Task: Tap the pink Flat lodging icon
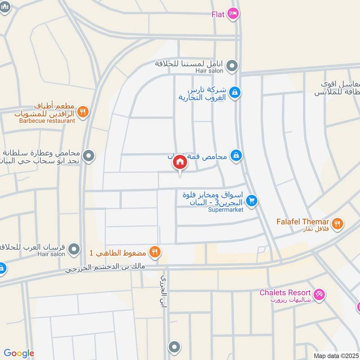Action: coord(233,14)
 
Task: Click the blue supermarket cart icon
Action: coord(252,201)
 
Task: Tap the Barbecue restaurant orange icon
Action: coord(82,112)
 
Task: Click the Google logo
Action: coord(19,353)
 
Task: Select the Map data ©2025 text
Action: coord(336,355)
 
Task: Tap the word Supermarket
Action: coord(225,210)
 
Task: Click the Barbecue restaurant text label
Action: coord(47,121)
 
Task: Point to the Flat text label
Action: coord(218,14)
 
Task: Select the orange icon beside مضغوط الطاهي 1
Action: coord(155,252)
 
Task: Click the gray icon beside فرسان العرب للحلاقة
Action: coord(75,248)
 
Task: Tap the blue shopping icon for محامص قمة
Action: coord(235,156)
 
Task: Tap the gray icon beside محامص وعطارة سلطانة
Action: coord(89,156)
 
